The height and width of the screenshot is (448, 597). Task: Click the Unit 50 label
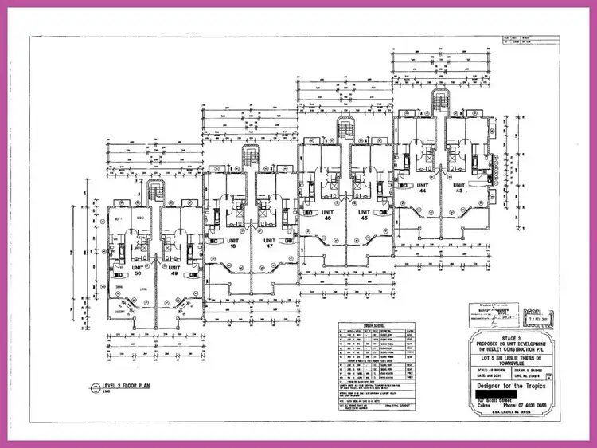[137, 269]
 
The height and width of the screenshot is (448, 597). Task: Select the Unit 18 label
[234, 242]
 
